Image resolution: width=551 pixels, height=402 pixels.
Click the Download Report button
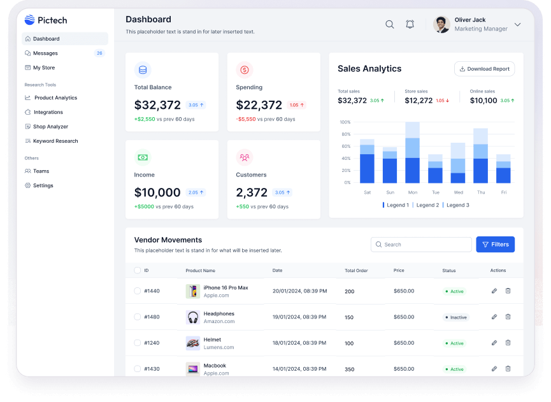click(x=484, y=69)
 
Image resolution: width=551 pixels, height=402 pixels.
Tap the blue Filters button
click(x=495, y=244)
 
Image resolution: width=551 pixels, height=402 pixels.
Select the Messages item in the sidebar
click(x=45, y=54)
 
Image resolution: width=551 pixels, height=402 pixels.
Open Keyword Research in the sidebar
click(x=55, y=141)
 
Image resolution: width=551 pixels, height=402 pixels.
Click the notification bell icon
click(x=410, y=24)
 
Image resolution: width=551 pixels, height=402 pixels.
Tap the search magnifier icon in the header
click(x=389, y=24)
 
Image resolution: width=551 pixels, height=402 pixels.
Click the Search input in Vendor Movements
click(x=422, y=244)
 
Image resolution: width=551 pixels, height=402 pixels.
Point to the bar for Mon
click(x=412, y=153)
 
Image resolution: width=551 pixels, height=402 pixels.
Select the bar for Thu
click(x=480, y=156)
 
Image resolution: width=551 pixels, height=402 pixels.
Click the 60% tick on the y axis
click(x=345, y=146)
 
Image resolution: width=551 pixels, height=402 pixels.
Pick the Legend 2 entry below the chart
click(x=427, y=205)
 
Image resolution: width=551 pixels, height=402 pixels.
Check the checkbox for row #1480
click(x=137, y=317)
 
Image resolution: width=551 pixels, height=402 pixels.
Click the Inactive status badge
click(x=456, y=317)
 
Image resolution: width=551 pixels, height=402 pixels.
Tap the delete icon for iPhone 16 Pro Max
click(x=508, y=291)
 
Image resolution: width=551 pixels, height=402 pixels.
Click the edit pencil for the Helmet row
click(x=494, y=343)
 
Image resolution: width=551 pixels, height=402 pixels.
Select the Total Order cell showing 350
click(x=350, y=369)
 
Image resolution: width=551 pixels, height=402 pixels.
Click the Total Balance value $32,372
click(x=157, y=105)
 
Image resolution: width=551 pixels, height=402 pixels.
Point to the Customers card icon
click(x=244, y=157)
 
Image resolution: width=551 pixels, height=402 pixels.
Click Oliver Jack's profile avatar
click(x=441, y=25)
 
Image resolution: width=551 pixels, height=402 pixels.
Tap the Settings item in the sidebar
click(x=43, y=185)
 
